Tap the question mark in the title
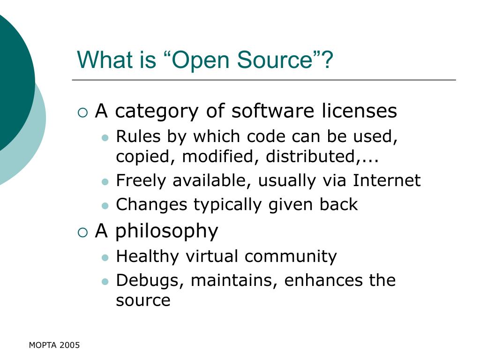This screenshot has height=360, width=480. tap(327, 60)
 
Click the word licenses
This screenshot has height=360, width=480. tap(359, 111)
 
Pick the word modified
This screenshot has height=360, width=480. tap(219, 157)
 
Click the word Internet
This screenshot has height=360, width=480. tap(387, 180)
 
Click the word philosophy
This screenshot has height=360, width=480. tap(167, 232)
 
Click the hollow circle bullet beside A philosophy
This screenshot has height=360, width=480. tap(82, 232)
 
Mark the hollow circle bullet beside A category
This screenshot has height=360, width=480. tap(82, 112)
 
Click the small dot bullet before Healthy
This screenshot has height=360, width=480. tap(105, 257)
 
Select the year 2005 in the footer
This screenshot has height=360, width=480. tap(69, 345)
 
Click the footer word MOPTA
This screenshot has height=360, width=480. tap(43, 345)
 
